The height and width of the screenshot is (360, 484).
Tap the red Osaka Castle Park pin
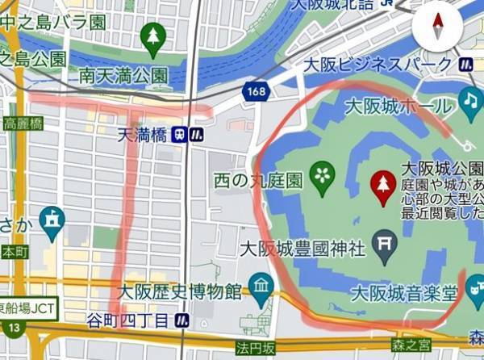pyautogui.click(x=382, y=186)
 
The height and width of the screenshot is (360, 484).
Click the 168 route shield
pyautogui.click(x=256, y=92)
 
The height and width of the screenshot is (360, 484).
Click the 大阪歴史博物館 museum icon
pyautogui.click(x=261, y=284)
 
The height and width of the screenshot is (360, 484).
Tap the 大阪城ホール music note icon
pyautogui.click(x=469, y=100)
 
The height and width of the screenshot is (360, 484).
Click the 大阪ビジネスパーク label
pyautogui.click(x=377, y=64)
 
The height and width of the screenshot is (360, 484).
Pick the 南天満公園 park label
pyautogui.click(x=123, y=74)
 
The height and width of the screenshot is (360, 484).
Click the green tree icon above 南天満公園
pyautogui.click(x=152, y=36)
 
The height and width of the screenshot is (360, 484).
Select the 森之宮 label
pyautogui.click(x=411, y=346)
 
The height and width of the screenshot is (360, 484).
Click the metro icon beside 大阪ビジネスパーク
pyautogui.click(x=465, y=64)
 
